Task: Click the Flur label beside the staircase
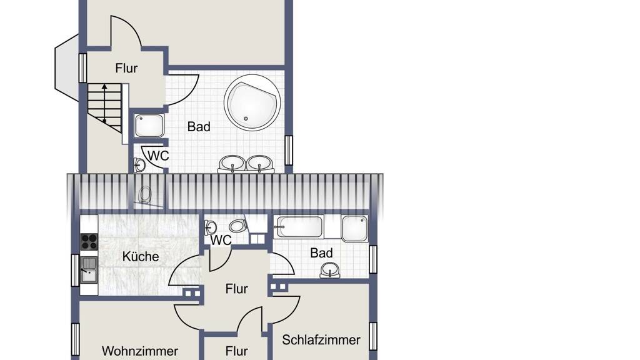coord(126,67)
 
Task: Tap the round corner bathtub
coord(252,102)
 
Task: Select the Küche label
coord(141,256)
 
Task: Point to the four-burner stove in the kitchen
coord(89,241)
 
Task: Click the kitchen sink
coord(89,270)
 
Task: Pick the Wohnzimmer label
coord(140,351)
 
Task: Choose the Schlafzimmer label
coord(321,339)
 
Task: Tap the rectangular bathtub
coord(299,227)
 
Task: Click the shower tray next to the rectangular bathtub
coord(354,227)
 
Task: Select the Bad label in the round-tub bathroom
coord(199,126)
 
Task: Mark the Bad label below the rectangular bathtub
coord(321,252)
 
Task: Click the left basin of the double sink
coord(232,163)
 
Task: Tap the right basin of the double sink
coord(259,163)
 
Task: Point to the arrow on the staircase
coord(104,104)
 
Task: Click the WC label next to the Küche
coord(221,240)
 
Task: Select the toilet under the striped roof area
coord(144,194)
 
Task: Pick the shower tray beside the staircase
coord(149,126)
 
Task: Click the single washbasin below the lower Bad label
coord(330,270)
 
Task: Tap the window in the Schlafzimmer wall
coord(373,336)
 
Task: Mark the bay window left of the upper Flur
coord(66,67)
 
